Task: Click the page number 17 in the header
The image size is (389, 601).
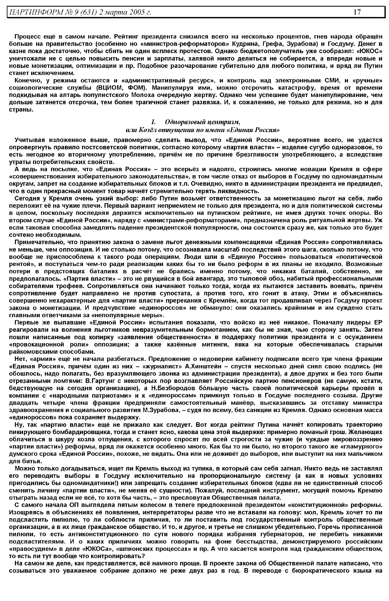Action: pyautogui.click(x=357, y=12)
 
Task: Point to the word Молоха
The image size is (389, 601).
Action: pyautogui.click(x=141, y=95)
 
